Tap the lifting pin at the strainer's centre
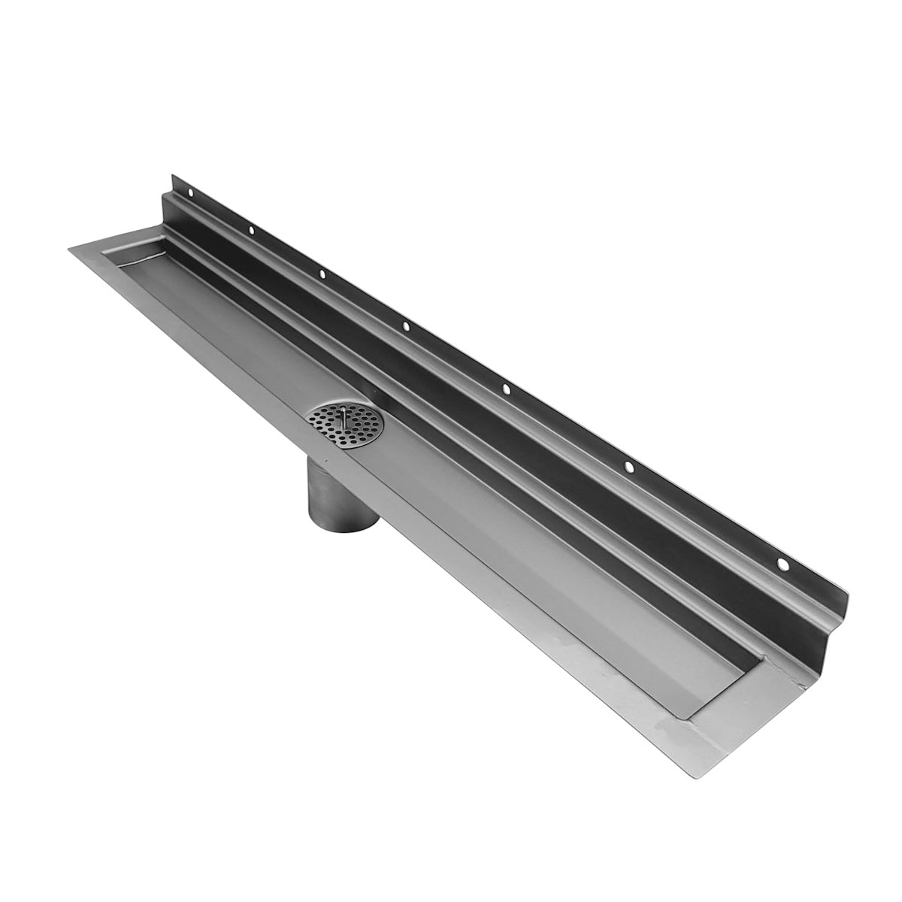tap(342, 414)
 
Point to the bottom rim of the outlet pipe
tap(340, 525)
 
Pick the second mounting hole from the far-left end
tap(252, 230)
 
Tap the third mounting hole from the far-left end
tap(321, 274)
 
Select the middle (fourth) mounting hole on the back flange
tap(405, 325)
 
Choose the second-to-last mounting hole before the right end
tap(628, 467)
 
